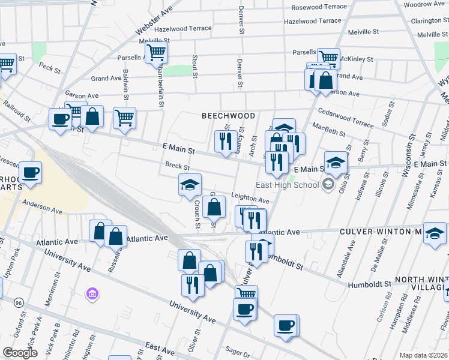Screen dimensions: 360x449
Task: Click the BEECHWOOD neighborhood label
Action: pos(228,115)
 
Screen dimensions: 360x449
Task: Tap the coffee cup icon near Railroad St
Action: pos(60,119)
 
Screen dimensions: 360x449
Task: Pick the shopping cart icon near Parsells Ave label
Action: pos(156,52)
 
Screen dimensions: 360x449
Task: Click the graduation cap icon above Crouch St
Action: pos(190,185)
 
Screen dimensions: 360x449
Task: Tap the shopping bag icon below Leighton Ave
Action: pos(214,208)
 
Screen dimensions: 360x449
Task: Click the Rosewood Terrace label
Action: pos(319,7)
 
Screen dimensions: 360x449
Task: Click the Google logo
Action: pos(20,353)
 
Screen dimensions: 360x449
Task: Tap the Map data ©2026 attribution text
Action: pos(422,355)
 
